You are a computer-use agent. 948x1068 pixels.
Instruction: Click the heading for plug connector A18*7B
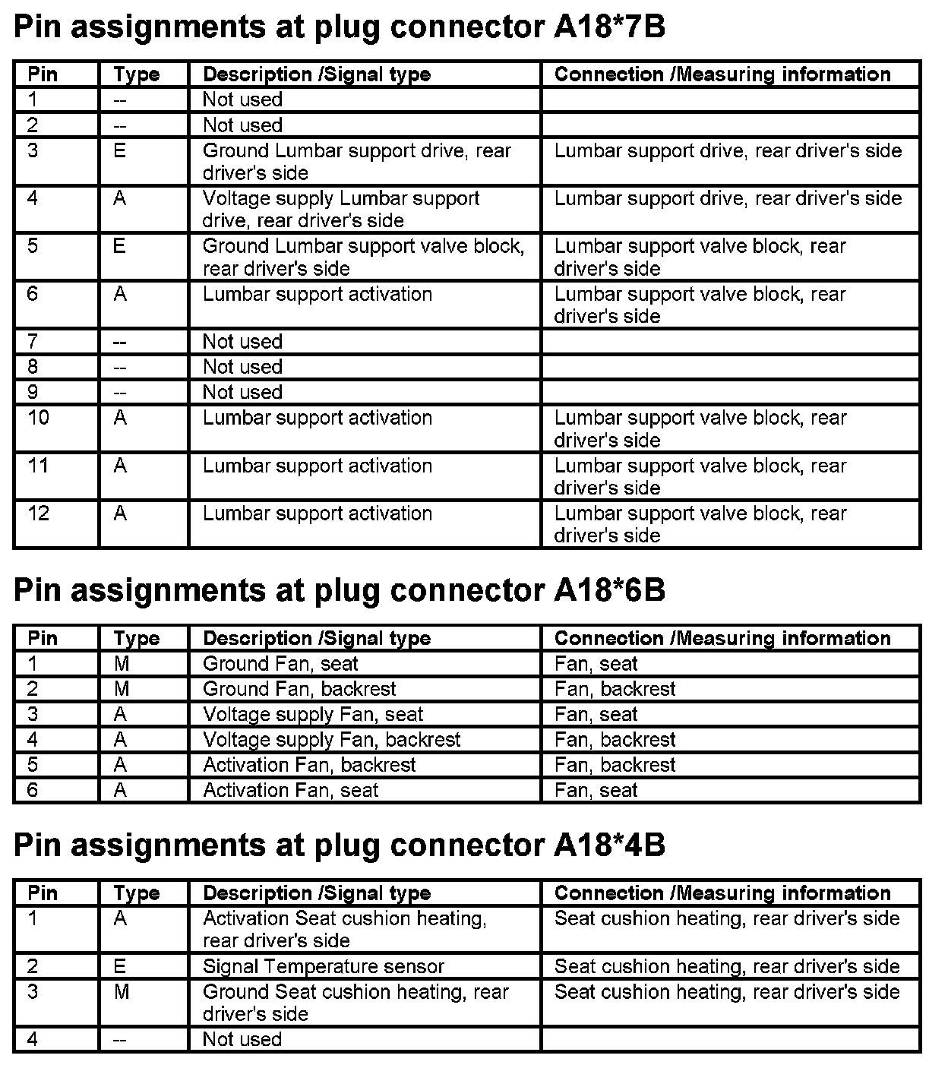(340, 27)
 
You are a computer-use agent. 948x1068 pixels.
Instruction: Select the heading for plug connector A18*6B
(340, 590)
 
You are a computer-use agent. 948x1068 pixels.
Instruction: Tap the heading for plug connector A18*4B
(340, 845)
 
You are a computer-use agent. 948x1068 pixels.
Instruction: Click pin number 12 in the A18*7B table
(39, 514)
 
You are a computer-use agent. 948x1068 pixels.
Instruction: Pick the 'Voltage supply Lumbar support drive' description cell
(341, 209)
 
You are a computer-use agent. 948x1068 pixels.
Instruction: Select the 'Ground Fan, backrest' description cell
(299, 689)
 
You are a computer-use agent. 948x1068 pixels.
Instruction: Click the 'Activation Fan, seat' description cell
(290, 790)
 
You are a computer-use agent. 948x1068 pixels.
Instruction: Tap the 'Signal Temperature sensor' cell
(324, 966)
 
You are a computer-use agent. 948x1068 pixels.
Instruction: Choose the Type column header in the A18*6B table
(137, 638)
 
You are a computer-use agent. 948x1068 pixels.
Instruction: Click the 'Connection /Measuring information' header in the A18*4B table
(722, 893)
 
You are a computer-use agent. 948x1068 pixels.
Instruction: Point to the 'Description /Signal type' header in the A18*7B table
(317, 74)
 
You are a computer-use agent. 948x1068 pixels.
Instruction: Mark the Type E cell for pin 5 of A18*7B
(120, 247)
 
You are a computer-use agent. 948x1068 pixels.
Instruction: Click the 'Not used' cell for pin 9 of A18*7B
(242, 392)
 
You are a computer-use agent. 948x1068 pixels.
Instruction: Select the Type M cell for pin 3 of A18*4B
(121, 992)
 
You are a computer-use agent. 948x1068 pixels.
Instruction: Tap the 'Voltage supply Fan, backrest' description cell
(331, 739)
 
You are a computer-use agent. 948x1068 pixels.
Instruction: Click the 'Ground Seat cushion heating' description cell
(355, 1003)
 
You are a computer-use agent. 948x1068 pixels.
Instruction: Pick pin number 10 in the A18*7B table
(39, 419)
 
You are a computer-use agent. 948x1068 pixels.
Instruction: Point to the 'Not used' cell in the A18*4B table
(242, 1039)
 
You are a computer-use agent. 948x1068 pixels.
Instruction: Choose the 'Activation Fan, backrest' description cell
(309, 765)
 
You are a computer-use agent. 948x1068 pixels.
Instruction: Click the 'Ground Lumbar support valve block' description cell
(363, 257)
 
